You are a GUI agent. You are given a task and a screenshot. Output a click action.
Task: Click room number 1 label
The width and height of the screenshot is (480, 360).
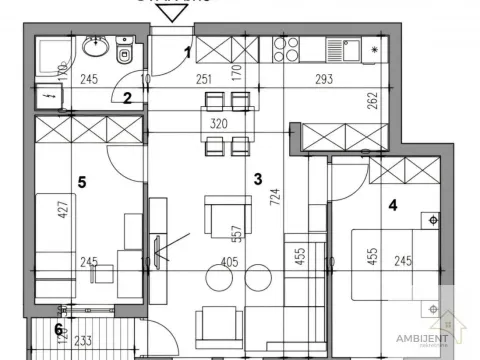pyautogui.click(x=187, y=52)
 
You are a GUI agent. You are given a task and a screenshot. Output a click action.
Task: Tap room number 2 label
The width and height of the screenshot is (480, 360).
pyautogui.click(x=127, y=97)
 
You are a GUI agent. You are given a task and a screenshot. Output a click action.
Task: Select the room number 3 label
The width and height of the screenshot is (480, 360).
pyautogui.click(x=258, y=180)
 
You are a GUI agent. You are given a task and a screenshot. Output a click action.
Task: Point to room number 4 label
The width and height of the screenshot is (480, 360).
pyautogui.click(x=394, y=208)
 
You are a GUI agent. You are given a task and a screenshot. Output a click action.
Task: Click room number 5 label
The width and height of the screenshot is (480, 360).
pyautogui.click(x=83, y=182)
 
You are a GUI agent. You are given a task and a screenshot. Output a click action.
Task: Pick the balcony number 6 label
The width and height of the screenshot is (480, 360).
pyautogui.click(x=58, y=329)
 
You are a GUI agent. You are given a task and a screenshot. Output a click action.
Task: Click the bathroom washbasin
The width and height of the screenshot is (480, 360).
pyautogui.click(x=97, y=47)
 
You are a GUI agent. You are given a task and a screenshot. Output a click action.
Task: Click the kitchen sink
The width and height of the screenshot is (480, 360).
pyautogui.click(x=350, y=47)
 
